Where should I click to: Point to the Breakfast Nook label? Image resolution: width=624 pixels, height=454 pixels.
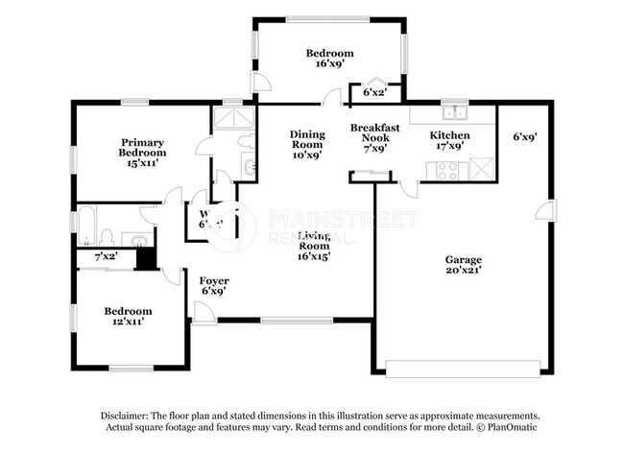[x=373, y=138]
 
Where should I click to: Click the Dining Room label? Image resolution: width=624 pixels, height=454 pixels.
[x=307, y=144]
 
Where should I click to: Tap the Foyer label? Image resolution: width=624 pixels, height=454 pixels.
[x=214, y=286]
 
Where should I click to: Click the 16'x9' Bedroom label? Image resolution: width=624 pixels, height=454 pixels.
[x=329, y=60]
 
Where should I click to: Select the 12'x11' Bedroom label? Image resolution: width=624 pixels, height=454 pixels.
[x=128, y=318]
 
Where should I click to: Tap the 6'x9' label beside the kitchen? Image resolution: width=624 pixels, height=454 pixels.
[x=524, y=137]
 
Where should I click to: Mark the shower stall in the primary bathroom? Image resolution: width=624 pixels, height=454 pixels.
[x=231, y=118]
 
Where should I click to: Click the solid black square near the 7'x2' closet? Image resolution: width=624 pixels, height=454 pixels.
[x=146, y=257]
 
